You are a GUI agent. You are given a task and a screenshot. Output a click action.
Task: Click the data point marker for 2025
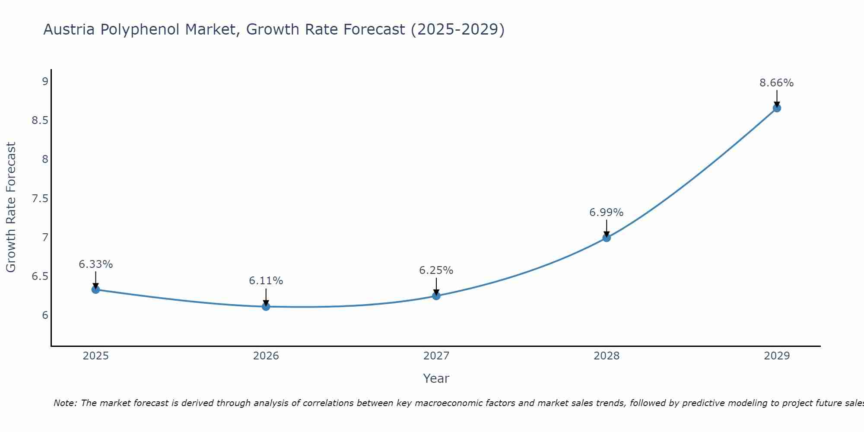point(96,289)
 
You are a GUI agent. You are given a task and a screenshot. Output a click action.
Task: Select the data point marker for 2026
point(266,306)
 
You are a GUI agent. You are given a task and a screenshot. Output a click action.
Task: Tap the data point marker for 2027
point(436,296)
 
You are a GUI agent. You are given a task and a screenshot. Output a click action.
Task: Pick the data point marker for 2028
point(607,238)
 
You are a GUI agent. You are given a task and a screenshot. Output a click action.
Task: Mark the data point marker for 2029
point(777,108)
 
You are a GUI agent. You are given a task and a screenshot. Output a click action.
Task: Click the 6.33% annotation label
point(96,264)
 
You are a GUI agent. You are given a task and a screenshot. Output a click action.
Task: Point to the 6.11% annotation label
point(266,281)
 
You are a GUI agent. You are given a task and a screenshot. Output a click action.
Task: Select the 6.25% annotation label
point(436,270)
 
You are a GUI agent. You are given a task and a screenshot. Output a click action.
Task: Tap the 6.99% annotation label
point(607,213)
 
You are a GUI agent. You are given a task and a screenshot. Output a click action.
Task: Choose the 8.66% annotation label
point(777,83)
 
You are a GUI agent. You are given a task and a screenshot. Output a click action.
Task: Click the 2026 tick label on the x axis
point(266,356)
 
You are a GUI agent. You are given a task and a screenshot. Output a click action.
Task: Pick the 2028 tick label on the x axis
point(607,356)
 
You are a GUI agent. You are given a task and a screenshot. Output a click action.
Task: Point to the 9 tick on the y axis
point(45,81)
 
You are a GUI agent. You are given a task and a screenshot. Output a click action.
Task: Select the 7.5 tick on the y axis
point(40,198)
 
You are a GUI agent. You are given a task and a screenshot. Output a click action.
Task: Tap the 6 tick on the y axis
point(45,315)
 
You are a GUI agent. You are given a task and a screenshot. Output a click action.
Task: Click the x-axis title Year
point(436,378)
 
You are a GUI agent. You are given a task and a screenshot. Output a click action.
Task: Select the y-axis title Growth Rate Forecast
point(11,207)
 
